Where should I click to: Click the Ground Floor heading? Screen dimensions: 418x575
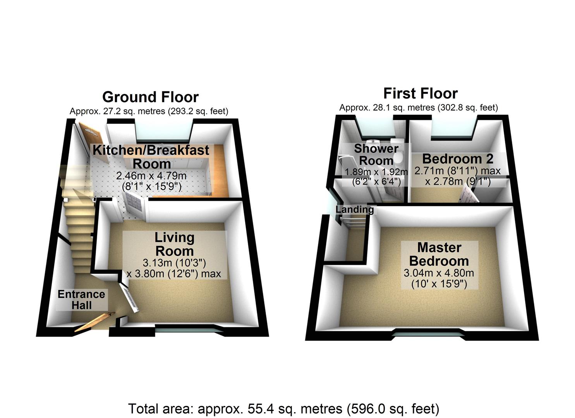point(150,97)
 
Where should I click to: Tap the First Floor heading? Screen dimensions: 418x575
point(420,93)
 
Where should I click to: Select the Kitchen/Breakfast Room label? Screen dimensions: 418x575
point(151,156)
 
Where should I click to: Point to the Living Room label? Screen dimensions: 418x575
point(174,244)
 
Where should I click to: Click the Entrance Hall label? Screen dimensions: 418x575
point(81,300)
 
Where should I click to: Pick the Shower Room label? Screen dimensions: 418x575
point(376,154)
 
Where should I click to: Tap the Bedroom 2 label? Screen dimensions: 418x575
point(458,159)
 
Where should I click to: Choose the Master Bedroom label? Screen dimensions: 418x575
point(439,254)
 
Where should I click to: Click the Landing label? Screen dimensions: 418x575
point(355,210)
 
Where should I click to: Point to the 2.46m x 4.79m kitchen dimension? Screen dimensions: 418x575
point(151,176)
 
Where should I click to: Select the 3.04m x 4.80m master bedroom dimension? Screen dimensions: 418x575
point(439,273)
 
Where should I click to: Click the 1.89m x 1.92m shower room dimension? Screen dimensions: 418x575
point(376,171)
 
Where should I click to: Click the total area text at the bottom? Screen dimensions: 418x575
point(283,408)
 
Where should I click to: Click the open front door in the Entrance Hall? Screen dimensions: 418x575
point(94,322)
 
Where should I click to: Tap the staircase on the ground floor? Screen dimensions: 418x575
point(80,224)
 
